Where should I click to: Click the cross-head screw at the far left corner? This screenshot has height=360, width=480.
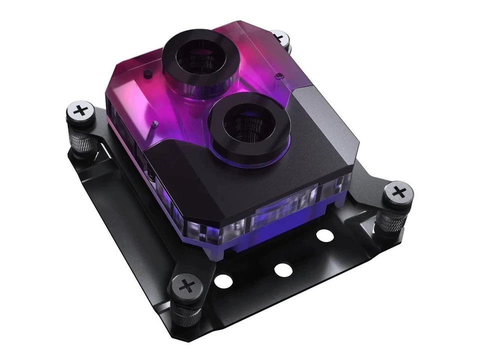pyautogui.click(x=80, y=111)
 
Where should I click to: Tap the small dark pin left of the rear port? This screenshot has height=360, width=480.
pyautogui.click(x=147, y=74)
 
